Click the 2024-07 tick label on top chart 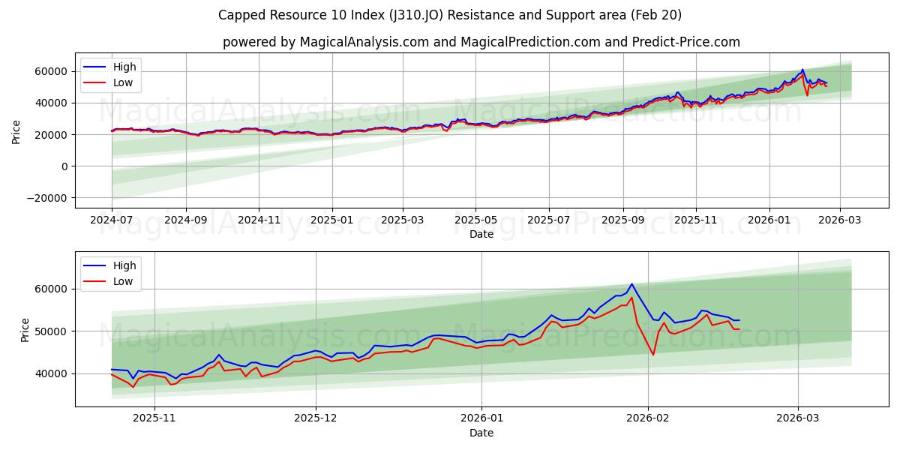112,220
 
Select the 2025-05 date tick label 475,220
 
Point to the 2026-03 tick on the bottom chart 798,419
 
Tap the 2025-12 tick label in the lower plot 316,419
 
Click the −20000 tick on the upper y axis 46,198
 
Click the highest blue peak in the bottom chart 631,284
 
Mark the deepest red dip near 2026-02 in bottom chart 653,355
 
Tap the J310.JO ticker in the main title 421,15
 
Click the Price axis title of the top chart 16,131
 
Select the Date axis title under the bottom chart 481,433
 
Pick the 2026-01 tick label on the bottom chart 481,419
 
